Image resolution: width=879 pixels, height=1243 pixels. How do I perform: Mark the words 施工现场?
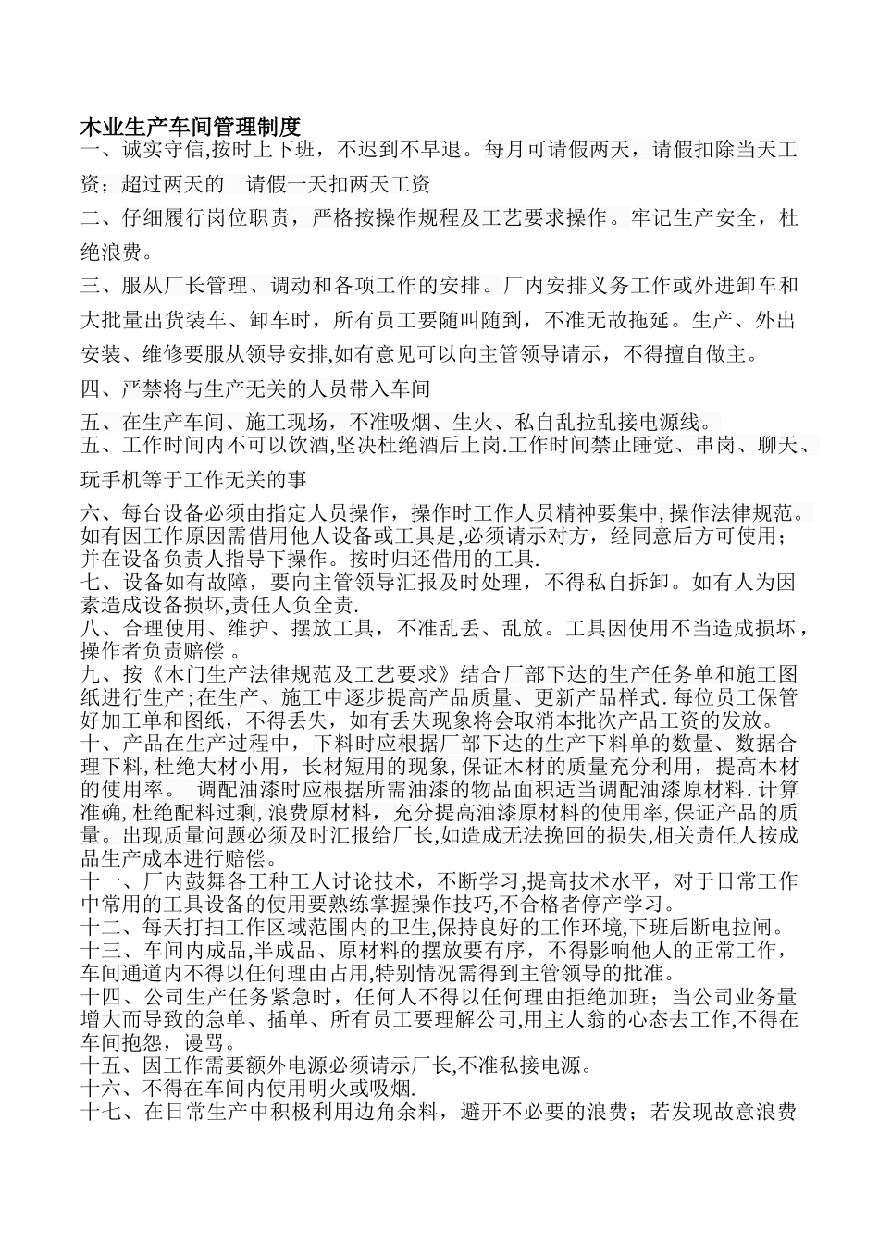point(286,423)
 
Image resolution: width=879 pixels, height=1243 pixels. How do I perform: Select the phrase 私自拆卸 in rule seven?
point(625,583)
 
